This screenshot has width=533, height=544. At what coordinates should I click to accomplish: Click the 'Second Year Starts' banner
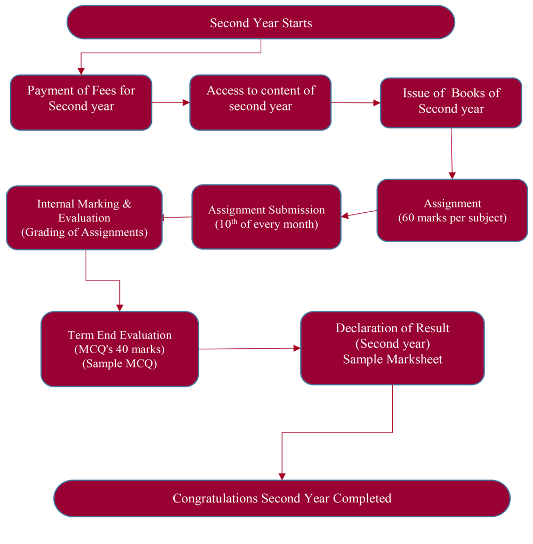pyautogui.click(x=261, y=23)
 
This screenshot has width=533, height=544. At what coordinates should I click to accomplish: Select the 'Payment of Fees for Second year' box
pyautogui.click(x=81, y=103)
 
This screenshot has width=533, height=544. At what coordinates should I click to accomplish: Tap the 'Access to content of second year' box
pyautogui.click(x=261, y=102)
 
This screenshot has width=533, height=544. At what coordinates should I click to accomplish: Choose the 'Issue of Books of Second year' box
pyautogui.click(x=451, y=103)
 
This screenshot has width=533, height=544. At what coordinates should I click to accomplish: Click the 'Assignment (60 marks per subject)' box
pyautogui.click(x=452, y=211)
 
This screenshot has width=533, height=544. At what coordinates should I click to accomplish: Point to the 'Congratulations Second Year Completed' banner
pyautogui.click(x=282, y=498)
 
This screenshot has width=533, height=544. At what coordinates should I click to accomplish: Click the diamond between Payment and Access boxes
pyautogui.click(x=171, y=102)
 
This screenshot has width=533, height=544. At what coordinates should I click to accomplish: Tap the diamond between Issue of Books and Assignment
pyautogui.click(x=451, y=154)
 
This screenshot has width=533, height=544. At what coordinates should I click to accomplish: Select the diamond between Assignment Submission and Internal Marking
pyautogui.click(x=177, y=217)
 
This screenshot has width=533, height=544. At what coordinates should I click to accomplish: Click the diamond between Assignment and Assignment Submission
pyautogui.click(x=359, y=213)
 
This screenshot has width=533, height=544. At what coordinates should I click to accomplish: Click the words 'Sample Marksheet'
pyautogui.click(x=392, y=359)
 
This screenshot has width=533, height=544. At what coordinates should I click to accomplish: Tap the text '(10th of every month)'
pyautogui.click(x=266, y=224)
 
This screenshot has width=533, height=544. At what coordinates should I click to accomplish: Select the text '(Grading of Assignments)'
pyautogui.click(x=84, y=233)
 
